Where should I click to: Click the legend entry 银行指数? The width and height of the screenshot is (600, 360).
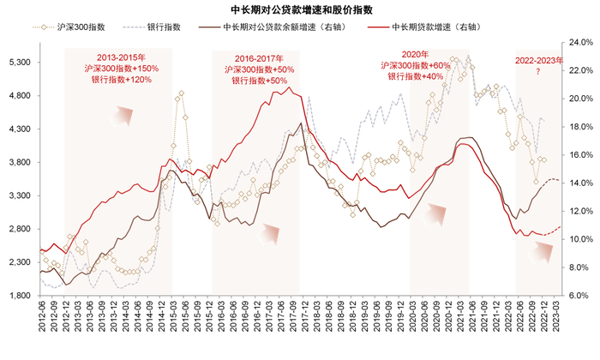[164, 27]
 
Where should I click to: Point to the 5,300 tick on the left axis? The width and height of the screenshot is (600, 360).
[18, 63]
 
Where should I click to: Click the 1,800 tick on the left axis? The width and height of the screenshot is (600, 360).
[18, 296]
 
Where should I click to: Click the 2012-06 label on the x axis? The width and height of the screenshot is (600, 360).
[41, 324]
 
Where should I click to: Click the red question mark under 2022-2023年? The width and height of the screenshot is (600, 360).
[538, 72]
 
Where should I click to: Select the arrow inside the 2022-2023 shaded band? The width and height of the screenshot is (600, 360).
[542, 250]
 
